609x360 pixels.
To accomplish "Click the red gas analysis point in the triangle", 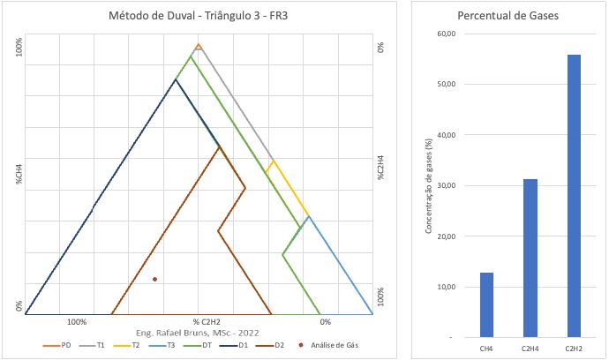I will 154,279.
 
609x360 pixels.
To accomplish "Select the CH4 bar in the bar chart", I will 487,304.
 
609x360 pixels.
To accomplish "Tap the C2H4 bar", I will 530,258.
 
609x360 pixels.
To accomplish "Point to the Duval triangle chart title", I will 198,17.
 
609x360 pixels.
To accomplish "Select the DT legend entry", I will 204,345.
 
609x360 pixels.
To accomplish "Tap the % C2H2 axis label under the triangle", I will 207,322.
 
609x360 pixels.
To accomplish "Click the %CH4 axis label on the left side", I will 18,171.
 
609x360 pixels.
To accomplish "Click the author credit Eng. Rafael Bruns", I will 199,333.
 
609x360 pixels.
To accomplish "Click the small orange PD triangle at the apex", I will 199,46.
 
